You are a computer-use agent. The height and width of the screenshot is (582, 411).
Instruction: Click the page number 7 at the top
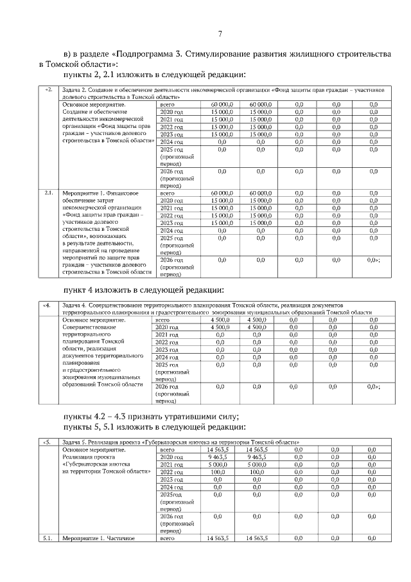coord(220,33)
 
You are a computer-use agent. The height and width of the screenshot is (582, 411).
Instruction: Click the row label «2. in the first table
coord(48,90)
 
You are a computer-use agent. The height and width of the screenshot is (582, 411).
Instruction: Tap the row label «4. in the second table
coord(47,304)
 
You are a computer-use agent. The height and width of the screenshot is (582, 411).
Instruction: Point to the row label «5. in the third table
coord(47,442)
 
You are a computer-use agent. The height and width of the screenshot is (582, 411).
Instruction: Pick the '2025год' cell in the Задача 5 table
coord(172,495)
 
